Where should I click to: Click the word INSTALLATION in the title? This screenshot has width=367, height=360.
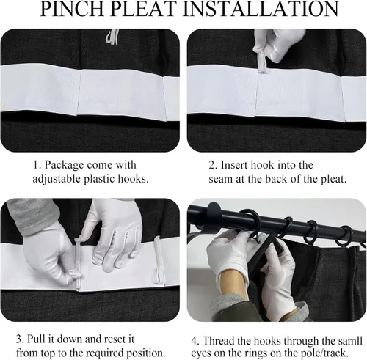click(x=261, y=9)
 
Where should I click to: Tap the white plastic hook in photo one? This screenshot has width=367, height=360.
click(x=112, y=37)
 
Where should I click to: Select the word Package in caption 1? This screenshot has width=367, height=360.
click(x=64, y=166)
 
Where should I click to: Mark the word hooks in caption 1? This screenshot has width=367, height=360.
click(x=134, y=179)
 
